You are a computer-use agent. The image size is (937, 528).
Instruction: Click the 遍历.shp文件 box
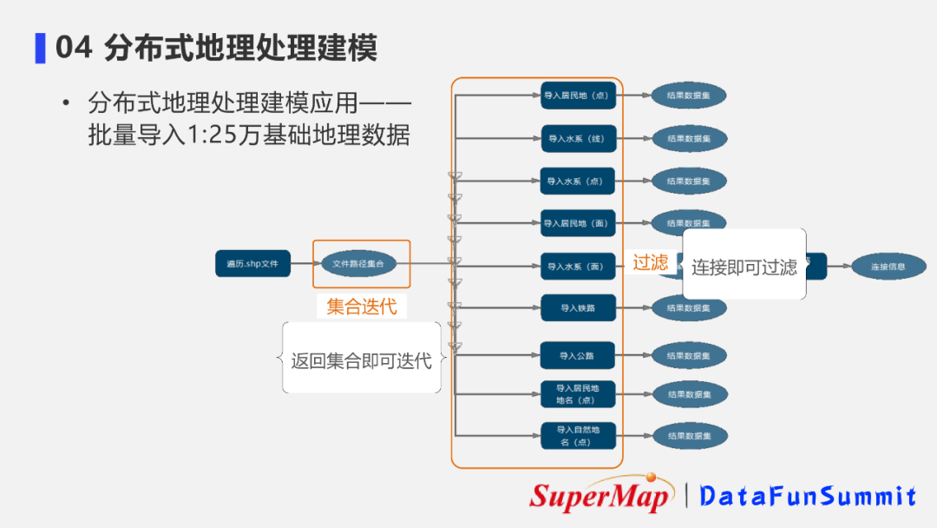click(252, 263)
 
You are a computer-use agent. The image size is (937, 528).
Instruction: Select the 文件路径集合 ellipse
click(359, 263)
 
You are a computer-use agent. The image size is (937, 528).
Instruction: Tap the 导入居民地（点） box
click(578, 96)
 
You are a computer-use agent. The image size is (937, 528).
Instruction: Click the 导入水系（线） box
click(578, 138)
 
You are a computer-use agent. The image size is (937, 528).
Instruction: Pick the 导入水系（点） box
click(578, 181)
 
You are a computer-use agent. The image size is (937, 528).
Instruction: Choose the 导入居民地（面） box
click(578, 223)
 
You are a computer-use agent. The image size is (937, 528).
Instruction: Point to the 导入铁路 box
click(578, 307)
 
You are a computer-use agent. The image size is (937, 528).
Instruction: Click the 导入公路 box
click(578, 355)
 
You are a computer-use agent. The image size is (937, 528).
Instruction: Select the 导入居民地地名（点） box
click(578, 394)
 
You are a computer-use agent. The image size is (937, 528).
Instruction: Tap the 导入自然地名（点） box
click(578, 436)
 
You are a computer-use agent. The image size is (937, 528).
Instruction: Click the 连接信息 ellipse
click(888, 267)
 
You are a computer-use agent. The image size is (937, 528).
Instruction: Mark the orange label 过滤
click(650, 262)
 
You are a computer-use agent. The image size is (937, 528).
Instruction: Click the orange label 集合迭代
click(361, 307)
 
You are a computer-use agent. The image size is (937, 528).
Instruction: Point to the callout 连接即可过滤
click(744, 267)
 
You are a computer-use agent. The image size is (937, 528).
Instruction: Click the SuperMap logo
click(602, 495)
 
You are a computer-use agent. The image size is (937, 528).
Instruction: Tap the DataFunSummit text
click(808, 496)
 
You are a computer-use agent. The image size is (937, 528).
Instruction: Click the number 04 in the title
click(74, 48)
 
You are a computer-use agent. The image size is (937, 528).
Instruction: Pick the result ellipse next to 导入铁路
click(690, 307)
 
